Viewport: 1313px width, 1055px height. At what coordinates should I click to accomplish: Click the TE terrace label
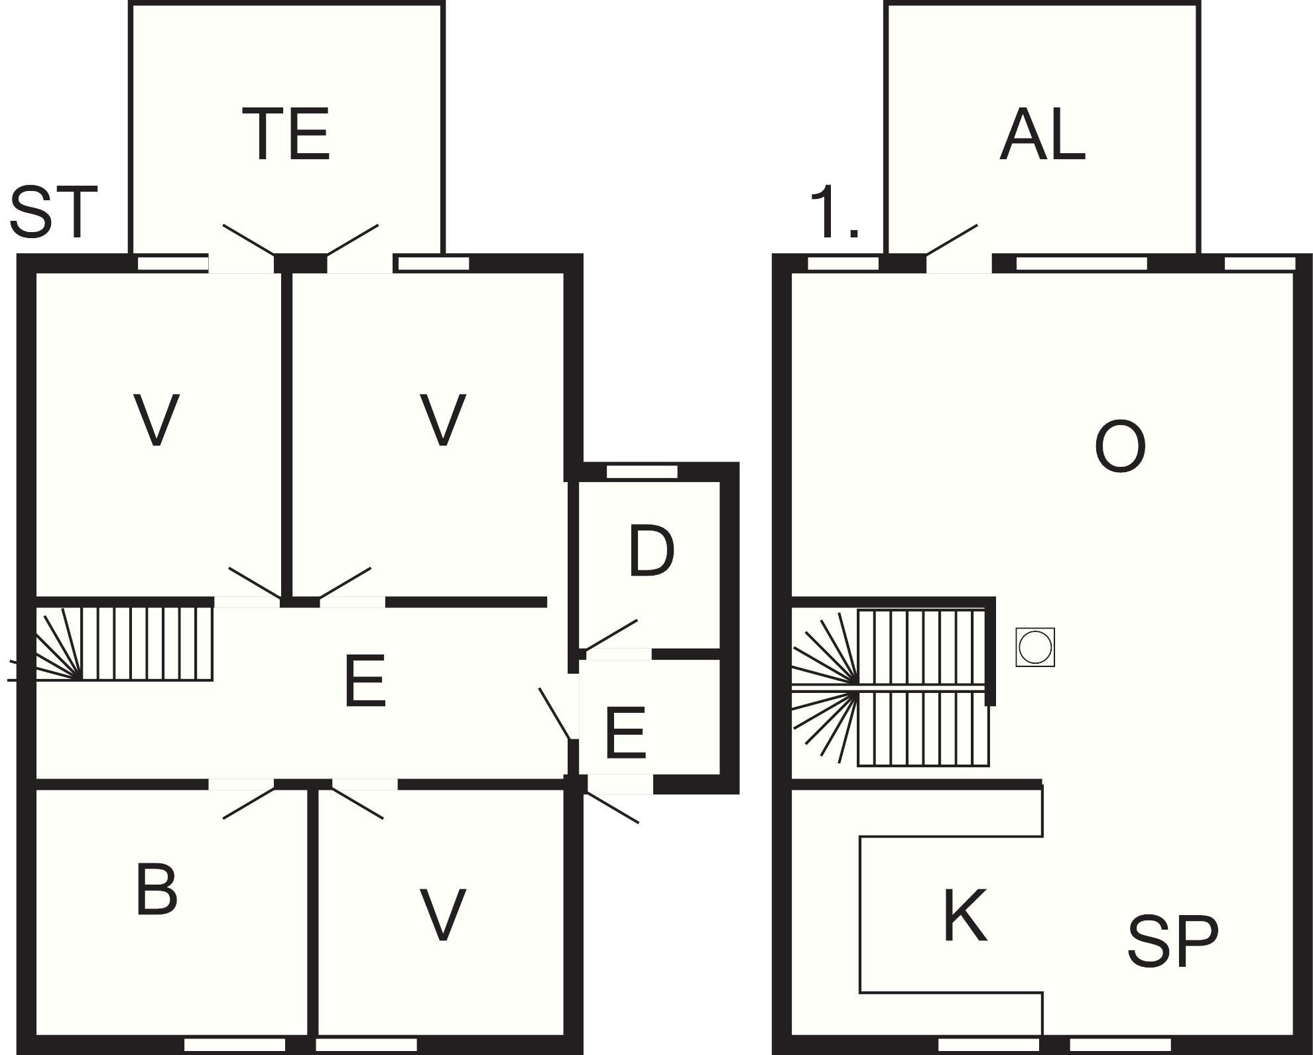pos(286,135)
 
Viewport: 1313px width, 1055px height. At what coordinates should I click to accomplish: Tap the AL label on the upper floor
pos(1042,135)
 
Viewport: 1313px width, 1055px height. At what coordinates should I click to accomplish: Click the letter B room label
pos(156,889)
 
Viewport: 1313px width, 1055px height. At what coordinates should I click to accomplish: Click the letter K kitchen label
pos(965,916)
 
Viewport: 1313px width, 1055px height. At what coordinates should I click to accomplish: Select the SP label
pos(1172,941)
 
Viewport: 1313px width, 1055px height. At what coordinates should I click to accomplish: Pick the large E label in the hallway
pos(365,680)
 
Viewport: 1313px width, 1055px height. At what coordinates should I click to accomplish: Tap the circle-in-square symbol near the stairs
pos(1035,647)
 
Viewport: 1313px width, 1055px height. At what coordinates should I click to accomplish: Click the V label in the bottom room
pos(442,916)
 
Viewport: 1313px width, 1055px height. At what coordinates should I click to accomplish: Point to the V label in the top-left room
pos(156,420)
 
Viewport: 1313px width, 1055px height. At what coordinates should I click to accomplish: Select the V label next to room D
pos(442,420)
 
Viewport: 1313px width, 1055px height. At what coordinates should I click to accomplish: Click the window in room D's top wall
pos(642,472)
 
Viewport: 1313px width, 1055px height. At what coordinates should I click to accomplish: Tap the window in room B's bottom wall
pos(234,1045)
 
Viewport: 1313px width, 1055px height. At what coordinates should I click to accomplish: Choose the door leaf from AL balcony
pos(952,239)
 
